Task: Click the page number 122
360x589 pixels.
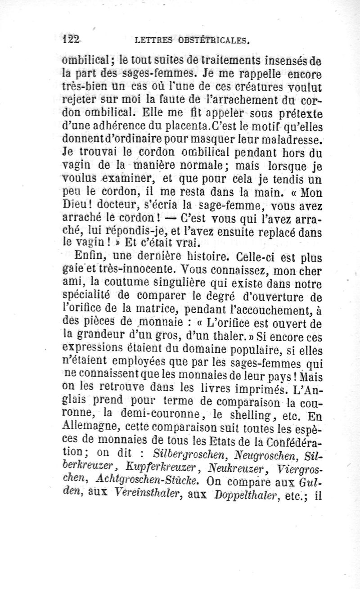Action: point(71,39)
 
